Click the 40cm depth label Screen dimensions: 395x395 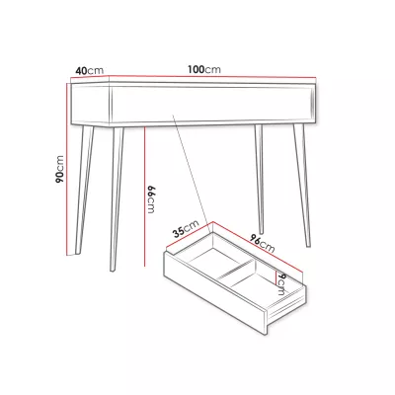coord(90,71)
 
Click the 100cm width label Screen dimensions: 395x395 coord(204,69)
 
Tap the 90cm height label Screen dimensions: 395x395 coord(59,169)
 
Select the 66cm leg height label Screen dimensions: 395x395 coord(150,199)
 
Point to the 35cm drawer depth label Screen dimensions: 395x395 coord(187,228)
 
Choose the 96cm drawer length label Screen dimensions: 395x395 coord(262,244)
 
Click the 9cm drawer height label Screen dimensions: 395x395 coord(281,283)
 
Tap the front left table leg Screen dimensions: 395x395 coord(116,199)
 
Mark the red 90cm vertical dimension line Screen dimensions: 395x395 coord(67,169)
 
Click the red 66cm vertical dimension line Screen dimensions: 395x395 coord(144,197)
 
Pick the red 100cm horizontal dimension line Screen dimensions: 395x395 coord(212,77)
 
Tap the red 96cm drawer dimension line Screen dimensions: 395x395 coord(258,247)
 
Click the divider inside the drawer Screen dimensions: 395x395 coord(237,269)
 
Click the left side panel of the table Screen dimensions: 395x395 coord(90,105)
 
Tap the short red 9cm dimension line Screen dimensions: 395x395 coord(276,276)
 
